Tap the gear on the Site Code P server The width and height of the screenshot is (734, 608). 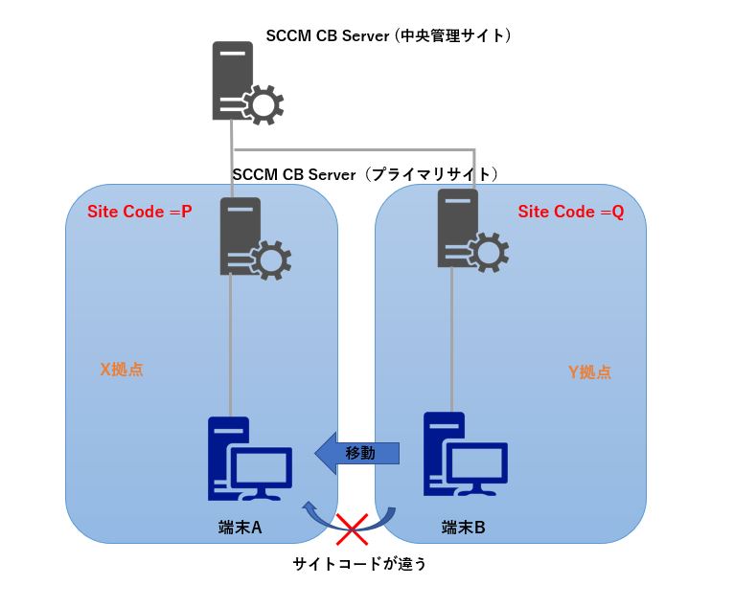(271, 258)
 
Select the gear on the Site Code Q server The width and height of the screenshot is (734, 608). (488, 251)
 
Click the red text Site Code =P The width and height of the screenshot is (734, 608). (140, 212)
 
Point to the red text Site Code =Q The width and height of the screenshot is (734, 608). (571, 212)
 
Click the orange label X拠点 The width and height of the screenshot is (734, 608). (122, 369)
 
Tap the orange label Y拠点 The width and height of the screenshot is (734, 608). (589, 372)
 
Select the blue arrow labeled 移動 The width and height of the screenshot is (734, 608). (356, 452)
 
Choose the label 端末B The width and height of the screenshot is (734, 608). (462, 528)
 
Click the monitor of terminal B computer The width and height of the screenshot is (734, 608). (479, 464)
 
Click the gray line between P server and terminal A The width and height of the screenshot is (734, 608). (230, 345)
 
